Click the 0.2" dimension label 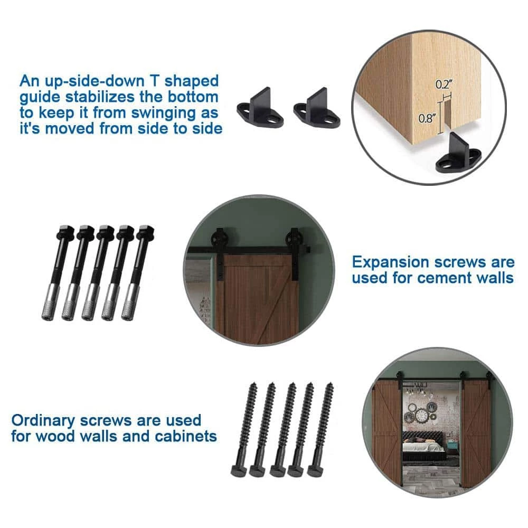coord(444,84)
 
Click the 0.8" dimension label coord(427,118)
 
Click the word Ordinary coord(43,421)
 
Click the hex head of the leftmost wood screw coord(239,470)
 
